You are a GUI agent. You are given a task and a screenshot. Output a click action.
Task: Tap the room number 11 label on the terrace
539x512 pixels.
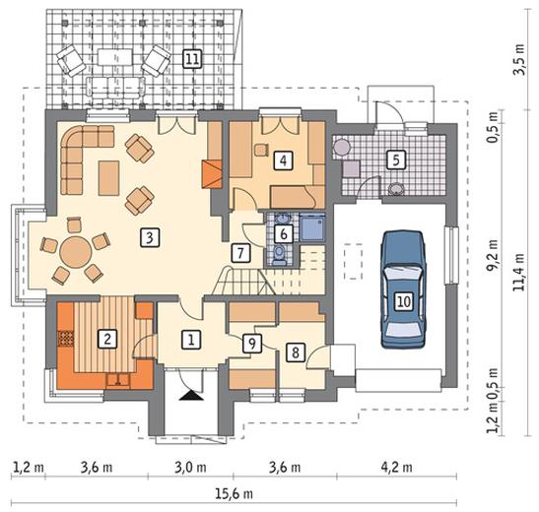tap(192, 59)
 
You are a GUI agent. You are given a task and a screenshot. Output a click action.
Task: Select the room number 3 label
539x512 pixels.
tap(150, 237)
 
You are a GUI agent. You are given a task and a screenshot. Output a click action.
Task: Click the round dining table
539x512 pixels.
tap(76, 251)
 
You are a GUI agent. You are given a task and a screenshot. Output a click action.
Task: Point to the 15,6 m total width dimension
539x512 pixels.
tap(234, 494)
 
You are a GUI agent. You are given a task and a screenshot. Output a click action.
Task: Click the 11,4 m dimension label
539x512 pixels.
tap(518, 272)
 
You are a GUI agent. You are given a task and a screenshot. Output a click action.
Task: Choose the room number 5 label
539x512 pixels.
tap(396, 160)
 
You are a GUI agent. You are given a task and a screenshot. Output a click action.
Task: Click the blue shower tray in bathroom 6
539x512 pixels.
tap(312, 227)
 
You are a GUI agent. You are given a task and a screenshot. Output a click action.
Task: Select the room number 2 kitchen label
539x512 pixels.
tap(107, 340)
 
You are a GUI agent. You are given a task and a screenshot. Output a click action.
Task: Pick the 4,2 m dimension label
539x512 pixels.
tap(397, 467)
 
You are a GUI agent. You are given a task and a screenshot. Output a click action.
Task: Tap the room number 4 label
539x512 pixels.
tap(283, 160)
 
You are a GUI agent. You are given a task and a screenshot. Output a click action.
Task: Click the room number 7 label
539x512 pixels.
tap(240, 253)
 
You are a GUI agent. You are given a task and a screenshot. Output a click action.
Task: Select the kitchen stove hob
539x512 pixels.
tap(65, 339)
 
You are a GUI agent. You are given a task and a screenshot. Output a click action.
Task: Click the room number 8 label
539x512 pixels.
tap(295, 352)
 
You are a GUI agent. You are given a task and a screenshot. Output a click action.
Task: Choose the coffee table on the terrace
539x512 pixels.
tap(115, 57)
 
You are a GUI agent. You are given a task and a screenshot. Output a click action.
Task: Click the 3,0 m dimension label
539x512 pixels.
tap(190, 467)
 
